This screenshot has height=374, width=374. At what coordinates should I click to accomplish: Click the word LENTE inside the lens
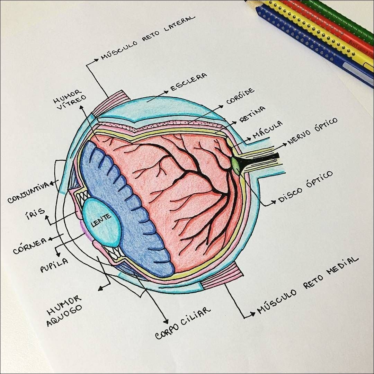click(101, 220)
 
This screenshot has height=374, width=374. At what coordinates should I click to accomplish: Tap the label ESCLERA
click(189, 82)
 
